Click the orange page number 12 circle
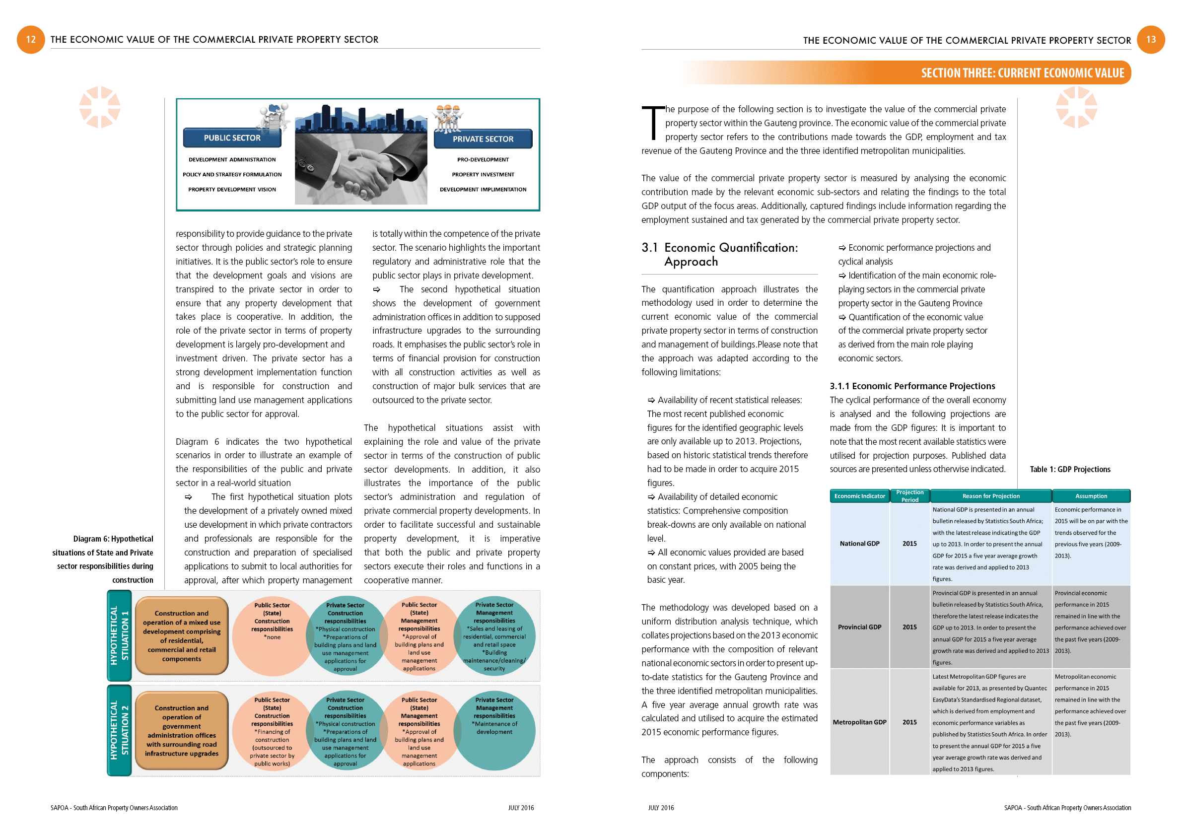pos(31,40)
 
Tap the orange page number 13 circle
pos(1151,40)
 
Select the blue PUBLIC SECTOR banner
pos(232,138)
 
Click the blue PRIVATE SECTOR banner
pos(483,139)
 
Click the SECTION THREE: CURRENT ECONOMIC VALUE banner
pos(1022,73)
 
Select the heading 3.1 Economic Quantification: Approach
pos(720,255)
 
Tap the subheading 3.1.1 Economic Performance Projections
pos(912,386)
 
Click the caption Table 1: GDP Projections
pos(1070,470)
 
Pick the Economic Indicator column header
pos(859,496)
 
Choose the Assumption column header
pos(1091,496)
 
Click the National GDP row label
pos(859,544)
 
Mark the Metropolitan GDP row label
pos(859,722)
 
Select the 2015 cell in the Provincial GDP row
pos(909,627)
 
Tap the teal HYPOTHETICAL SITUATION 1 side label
pos(120,636)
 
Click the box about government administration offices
pos(182,730)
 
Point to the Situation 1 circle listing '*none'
pos(272,636)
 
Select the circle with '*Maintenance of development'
pos(494,730)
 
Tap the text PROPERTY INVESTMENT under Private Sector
pos(483,175)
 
